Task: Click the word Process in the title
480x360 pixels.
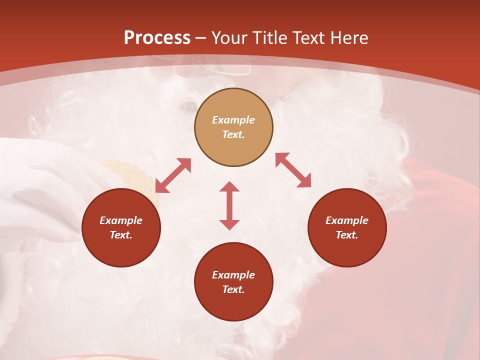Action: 157,38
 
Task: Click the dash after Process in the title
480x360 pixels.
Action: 201,38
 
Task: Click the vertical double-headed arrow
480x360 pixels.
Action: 229,205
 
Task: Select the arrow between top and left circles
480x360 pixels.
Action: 173,175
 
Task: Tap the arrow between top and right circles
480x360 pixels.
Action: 293,170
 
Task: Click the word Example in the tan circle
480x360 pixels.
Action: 233,120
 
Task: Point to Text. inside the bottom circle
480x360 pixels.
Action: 233,289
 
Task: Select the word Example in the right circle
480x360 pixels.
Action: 347,220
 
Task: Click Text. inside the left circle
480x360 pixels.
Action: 121,235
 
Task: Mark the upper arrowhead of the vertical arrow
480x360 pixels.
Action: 229,186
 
